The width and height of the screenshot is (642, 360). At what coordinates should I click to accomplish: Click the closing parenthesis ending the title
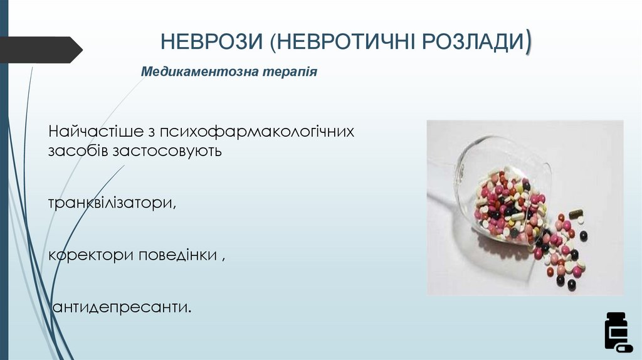530,41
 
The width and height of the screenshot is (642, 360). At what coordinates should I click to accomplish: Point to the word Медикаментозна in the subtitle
192,72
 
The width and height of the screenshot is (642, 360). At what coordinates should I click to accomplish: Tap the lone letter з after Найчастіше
151,133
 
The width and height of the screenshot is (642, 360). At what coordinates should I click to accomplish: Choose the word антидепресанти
122,308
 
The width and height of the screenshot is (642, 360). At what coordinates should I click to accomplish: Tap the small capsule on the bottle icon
624,347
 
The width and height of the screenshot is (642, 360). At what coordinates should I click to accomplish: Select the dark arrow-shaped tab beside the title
41,50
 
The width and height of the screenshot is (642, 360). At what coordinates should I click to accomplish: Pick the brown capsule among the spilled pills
575,213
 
